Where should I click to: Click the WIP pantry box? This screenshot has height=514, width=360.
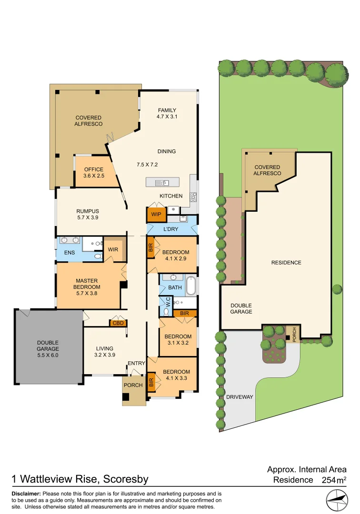(156, 215)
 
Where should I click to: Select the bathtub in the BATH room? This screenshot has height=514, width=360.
(190, 287)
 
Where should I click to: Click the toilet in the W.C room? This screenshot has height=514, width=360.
(166, 311)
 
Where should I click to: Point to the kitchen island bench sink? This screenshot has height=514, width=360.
(164, 182)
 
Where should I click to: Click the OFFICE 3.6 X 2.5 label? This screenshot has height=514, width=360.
(94, 173)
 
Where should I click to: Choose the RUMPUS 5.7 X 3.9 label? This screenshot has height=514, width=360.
(88, 215)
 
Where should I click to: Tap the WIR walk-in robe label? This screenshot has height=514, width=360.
(113, 249)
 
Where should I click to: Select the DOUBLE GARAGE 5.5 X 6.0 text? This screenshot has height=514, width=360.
(48, 345)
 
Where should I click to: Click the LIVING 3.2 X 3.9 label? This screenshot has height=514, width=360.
(105, 351)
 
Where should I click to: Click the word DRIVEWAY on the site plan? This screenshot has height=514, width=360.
(239, 396)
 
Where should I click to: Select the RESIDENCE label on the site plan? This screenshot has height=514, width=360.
(286, 263)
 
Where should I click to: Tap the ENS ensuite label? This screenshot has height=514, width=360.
(69, 252)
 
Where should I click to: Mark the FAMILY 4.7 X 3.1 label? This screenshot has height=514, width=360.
(167, 113)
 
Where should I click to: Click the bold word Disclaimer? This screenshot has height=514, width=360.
(27, 494)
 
